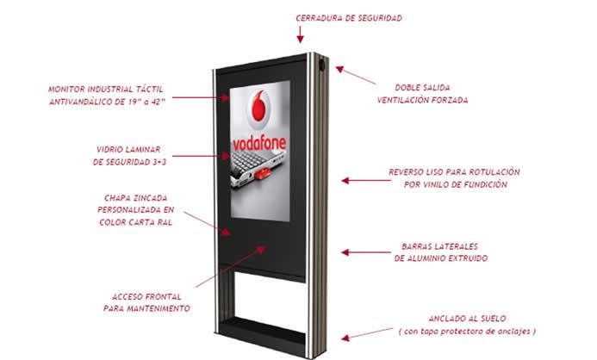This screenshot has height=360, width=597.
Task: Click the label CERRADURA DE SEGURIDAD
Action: point(349,18)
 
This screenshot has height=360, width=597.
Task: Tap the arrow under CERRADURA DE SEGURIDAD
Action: point(300,34)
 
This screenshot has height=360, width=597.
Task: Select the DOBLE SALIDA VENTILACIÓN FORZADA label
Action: point(422,94)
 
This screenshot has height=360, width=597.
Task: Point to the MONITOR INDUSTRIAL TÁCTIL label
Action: point(107,95)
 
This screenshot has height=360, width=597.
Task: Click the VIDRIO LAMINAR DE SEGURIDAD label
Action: point(129,156)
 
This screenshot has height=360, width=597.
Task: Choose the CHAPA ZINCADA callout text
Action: point(135,209)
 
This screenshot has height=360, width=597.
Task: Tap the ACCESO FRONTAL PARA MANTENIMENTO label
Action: point(146,302)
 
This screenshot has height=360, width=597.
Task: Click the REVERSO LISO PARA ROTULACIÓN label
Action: point(454,178)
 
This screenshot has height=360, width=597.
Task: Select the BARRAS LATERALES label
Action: point(441,252)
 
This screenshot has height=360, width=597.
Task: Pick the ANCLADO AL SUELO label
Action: point(467,325)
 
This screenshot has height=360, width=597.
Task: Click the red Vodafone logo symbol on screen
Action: point(259,106)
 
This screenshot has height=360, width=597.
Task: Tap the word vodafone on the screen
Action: point(259,144)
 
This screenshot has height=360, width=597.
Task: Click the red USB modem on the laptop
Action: point(263,174)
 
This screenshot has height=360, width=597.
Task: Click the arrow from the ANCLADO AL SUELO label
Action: point(367,333)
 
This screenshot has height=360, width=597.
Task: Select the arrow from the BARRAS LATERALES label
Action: point(366,252)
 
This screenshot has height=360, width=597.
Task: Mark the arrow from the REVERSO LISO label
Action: point(366,180)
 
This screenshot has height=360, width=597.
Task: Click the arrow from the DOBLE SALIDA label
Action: point(356,75)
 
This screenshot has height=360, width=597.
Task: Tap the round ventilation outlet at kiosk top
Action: point(322,65)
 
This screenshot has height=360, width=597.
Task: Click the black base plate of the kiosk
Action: point(261,332)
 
